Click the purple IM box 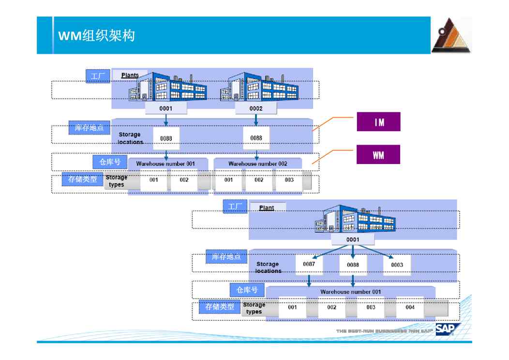pos(378,122)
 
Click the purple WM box pos(378,155)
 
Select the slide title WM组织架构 pos(96,36)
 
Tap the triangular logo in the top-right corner pos(451,36)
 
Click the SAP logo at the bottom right pos(447,329)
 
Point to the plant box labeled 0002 pos(256,108)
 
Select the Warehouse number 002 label pos(257,164)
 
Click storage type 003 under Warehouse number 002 pos(289,180)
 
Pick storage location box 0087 pos(309,264)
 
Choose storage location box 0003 pos(397,265)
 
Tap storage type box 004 pos(410,307)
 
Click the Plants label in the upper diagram pos(130,75)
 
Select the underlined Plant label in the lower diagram pos(267,208)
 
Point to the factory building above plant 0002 pos(259,87)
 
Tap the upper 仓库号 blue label pos(110,162)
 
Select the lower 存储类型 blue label pos(220,306)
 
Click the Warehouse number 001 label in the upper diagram pos(165,164)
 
